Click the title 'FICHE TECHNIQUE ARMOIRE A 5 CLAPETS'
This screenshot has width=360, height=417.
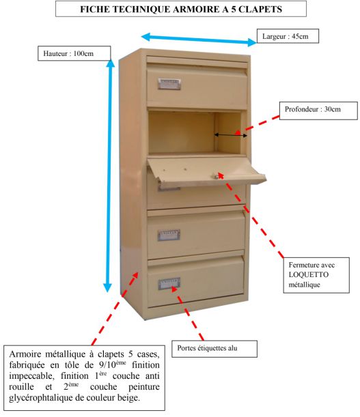pyautogui.click(x=181, y=10)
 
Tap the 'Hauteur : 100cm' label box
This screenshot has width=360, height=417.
pyautogui.click(x=74, y=53)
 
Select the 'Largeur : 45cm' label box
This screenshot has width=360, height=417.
pyautogui.click(x=288, y=36)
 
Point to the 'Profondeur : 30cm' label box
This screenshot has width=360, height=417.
pyautogui.click(x=318, y=111)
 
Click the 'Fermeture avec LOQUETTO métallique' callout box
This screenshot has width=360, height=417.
pyautogui.click(x=316, y=275)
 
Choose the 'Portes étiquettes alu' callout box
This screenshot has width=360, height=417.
pyautogui.click(x=214, y=349)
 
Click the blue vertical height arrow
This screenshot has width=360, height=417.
pyautogui.click(x=109, y=176)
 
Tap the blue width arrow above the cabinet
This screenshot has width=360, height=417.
pyautogui.click(x=199, y=40)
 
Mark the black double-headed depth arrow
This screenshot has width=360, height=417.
pyautogui.click(x=231, y=135)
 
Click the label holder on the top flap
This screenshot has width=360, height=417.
pyautogui.click(x=169, y=84)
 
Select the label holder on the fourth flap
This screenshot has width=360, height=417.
pyautogui.click(x=169, y=235)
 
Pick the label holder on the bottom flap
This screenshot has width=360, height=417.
pyautogui.click(x=169, y=284)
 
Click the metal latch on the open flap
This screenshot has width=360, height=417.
pyautogui.click(x=215, y=176)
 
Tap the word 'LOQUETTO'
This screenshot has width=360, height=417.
pyautogui.click(x=309, y=275)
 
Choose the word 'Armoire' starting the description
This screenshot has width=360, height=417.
pyautogui.click(x=26, y=354)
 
